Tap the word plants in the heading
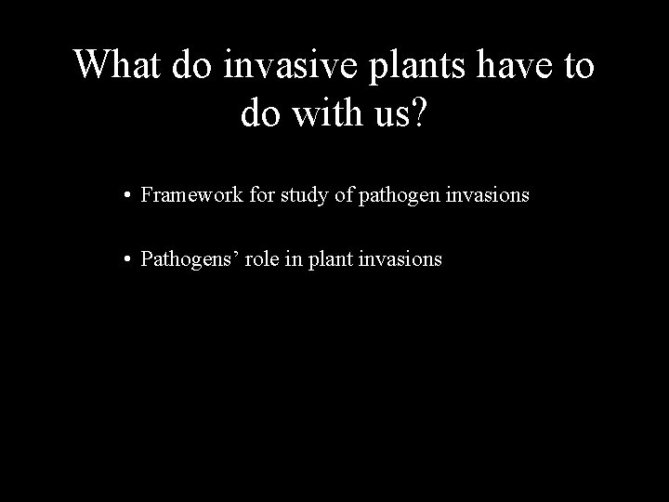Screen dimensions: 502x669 coord(411,65)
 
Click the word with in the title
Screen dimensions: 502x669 coord(331,114)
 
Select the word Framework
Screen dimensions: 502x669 coord(184,195)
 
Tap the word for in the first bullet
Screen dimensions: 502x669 coord(244,195)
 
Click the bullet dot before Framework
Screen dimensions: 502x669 coord(125,196)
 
